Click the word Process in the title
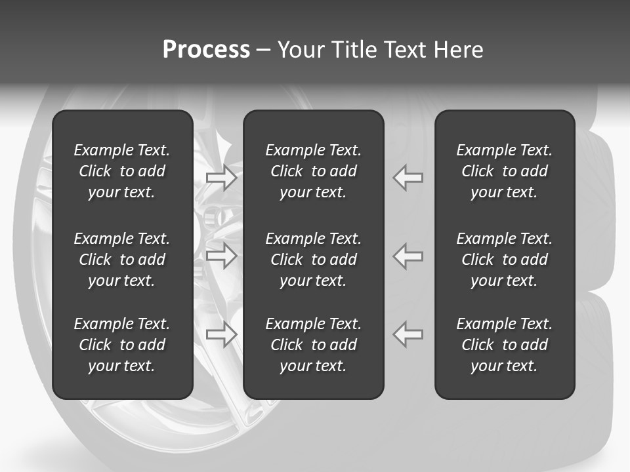pos(206,50)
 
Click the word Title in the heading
pos(354,50)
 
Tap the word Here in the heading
pos(458,50)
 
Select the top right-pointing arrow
pos(221,177)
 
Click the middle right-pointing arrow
pos(221,256)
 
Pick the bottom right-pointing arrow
pos(221,334)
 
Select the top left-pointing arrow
pos(408,177)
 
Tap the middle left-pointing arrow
pos(408,256)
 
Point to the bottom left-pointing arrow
pos(408,334)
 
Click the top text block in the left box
pos(122,171)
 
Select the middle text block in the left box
pos(122,260)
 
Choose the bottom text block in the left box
pos(122,345)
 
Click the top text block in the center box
pos(313,171)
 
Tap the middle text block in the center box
pos(313,260)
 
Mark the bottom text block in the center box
pos(313,345)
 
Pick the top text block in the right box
pos(504,171)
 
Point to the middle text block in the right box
pos(504,260)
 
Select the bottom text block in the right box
pos(504,345)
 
